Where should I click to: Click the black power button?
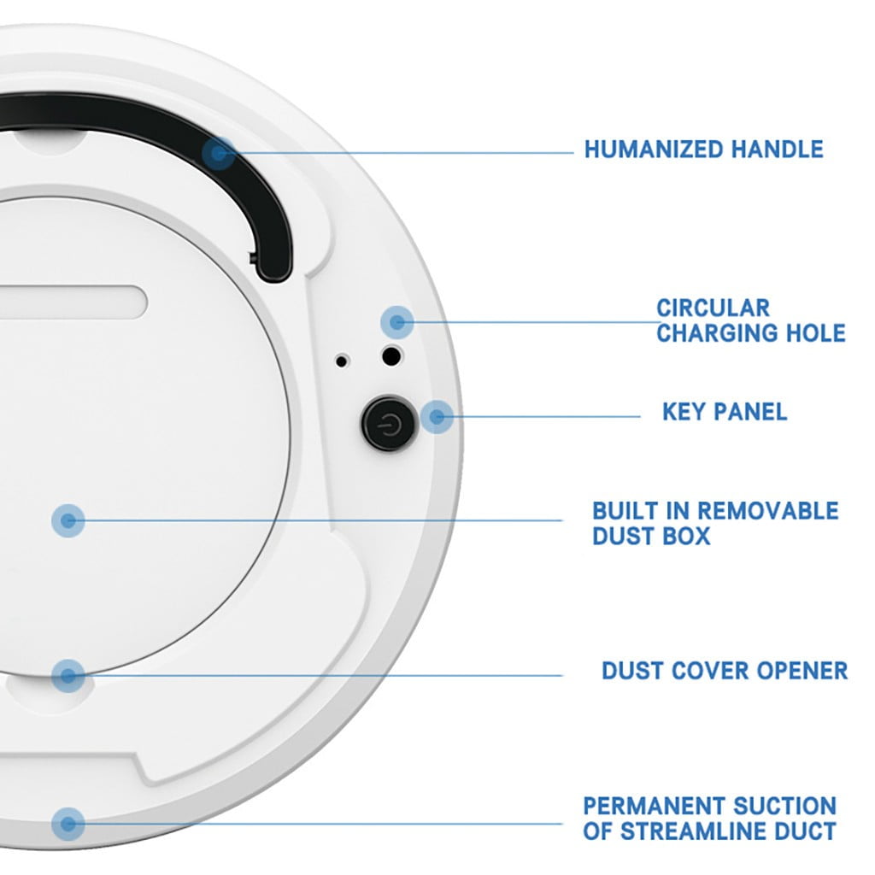pyautogui.click(x=390, y=423)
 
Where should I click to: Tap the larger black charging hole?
pyautogui.click(x=391, y=356)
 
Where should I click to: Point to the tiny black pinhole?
pyautogui.click(x=342, y=361)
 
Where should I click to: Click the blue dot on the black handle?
pyautogui.click(x=218, y=154)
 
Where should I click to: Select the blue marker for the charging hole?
pyautogui.click(x=397, y=322)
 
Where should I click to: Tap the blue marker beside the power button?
pyautogui.click(x=437, y=416)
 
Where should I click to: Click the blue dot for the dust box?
pyautogui.click(x=68, y=520)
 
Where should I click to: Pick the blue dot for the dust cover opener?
pyautogui.click(x=68, y=676)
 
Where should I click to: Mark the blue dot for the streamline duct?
pyautogui.click(x=68, y=824)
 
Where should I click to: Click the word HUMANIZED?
pyautogui.click(x=654, y=150)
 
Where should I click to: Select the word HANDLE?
pyautogui.click(x=778, y=150)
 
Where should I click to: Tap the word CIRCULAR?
pyautogui.click(x=714, y=308)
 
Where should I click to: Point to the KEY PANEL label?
pyautogui.click(x=725, y=412)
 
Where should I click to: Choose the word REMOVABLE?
pyautogui.click(x=768, y=511)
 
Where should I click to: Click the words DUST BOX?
pyautogui.click(x=651, y=537)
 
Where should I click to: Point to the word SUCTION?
pyautogui.click(x=784, y=807)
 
